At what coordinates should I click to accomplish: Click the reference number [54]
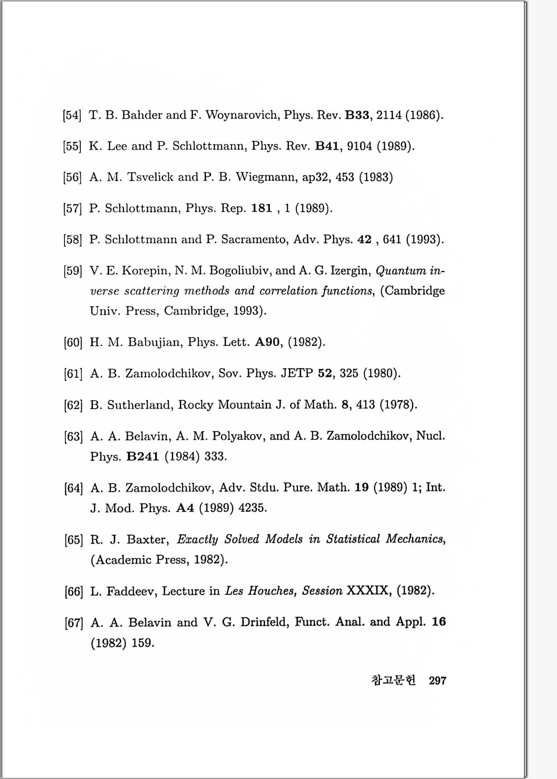click(72, 116)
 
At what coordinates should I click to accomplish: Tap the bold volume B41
click(327, 146)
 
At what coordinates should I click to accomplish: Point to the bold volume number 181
click(262, 208)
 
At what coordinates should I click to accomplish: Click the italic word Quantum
click(400, 270)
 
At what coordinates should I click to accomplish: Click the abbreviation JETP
click(297, 373)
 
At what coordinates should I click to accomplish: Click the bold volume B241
click(142, 457)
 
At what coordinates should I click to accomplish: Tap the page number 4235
click(252, 508)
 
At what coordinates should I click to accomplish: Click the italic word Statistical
click(353, 539)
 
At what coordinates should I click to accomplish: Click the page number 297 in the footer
click(437, 681)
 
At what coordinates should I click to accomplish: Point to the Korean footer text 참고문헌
click(393, 681)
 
